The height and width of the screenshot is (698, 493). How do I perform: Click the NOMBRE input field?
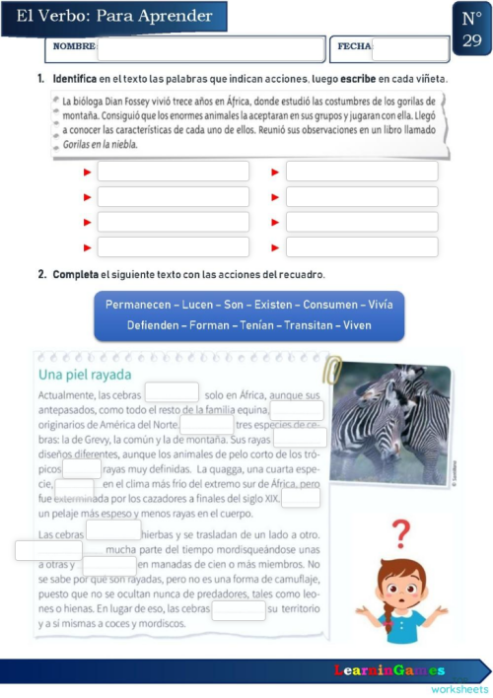tap(210, 47)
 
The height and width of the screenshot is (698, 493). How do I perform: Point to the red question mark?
tap(400, 533)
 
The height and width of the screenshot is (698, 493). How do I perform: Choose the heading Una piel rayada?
tap(84, 376)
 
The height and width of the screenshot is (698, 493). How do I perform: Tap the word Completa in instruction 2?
tap(75, 274)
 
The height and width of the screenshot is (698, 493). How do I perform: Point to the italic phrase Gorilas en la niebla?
tap(100, 144)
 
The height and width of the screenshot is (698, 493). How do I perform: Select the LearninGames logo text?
tap(388, 670)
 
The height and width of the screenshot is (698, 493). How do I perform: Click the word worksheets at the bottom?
tap(458, 688)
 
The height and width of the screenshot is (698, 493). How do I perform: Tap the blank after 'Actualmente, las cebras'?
tap(172, 393)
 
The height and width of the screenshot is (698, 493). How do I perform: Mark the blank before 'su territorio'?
tap(239, 609)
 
